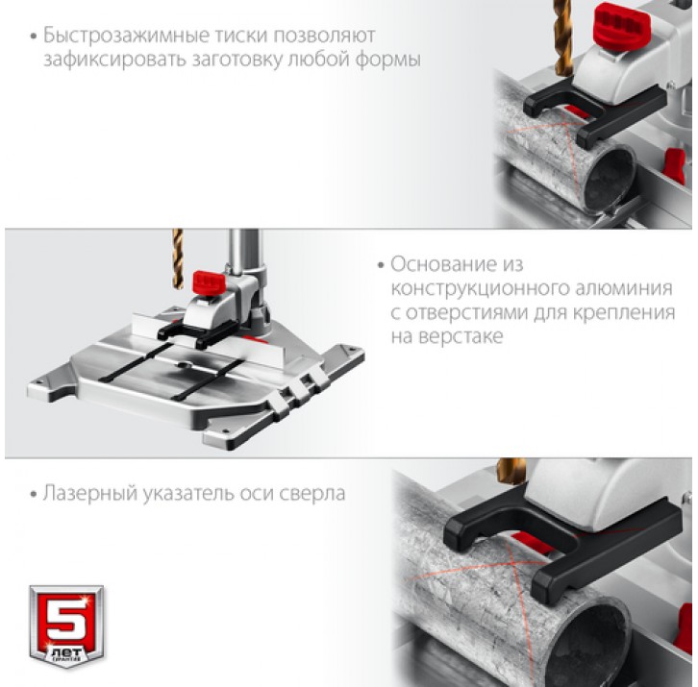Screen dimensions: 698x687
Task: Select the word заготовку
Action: pos(237,61)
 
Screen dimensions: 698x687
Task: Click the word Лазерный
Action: pos(90,494)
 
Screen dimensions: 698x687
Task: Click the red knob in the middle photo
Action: pos(209,282)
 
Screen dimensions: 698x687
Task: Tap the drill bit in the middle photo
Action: pos(178,258)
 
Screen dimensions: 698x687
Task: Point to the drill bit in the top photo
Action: pos(563,36)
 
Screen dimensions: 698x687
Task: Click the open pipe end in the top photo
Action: pos(609,178)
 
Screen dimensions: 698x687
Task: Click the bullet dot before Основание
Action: pos(381,265)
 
